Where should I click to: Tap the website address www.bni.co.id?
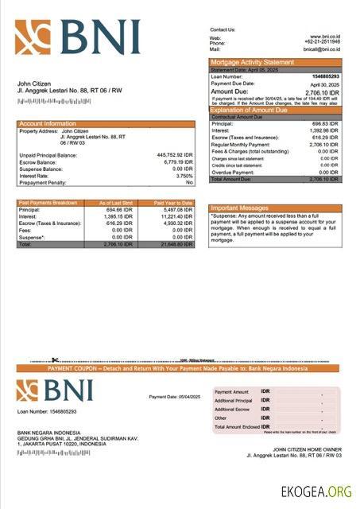(324, 37)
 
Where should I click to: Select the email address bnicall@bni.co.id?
(322, 49)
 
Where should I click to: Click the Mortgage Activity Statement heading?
(251, 62)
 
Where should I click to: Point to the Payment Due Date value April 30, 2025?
(324, 84)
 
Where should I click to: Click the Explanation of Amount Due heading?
(252, 111)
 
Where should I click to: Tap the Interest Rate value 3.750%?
(183, 176)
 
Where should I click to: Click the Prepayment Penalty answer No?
(189, 182)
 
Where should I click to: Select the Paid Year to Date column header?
(173, 203)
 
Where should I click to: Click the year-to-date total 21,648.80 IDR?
(173, 243)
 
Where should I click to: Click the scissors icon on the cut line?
(56, 360)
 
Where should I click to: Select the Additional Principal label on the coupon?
(233, 400)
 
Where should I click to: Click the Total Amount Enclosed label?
(237, 426)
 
